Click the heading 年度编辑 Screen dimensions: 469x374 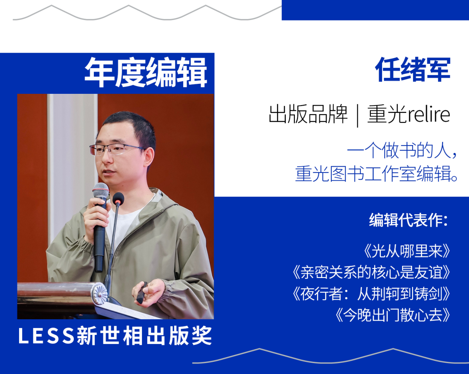145,73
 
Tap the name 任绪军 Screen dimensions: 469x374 413,70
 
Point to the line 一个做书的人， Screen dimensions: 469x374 402,150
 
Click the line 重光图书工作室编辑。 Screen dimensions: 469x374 377,174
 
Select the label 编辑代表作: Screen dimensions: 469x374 408,220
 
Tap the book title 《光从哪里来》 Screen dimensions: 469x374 407,251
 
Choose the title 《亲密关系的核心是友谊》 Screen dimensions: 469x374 371,272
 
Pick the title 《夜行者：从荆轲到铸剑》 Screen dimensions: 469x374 371,294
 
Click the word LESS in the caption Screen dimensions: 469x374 46,336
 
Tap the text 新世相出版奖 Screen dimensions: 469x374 145,336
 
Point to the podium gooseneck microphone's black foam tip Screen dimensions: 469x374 119,199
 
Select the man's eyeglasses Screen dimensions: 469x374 117,149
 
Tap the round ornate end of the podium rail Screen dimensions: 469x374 99,294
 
